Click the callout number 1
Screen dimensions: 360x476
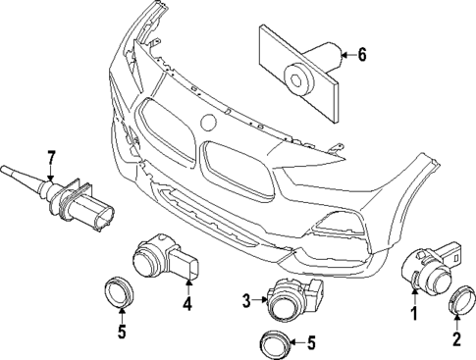click(x=414, y=314)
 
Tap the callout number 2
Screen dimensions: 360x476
click(x=456, y=340)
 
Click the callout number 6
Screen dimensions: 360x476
click(x=362, y=56)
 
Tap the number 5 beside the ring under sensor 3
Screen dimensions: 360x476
click(x=311, y=343)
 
